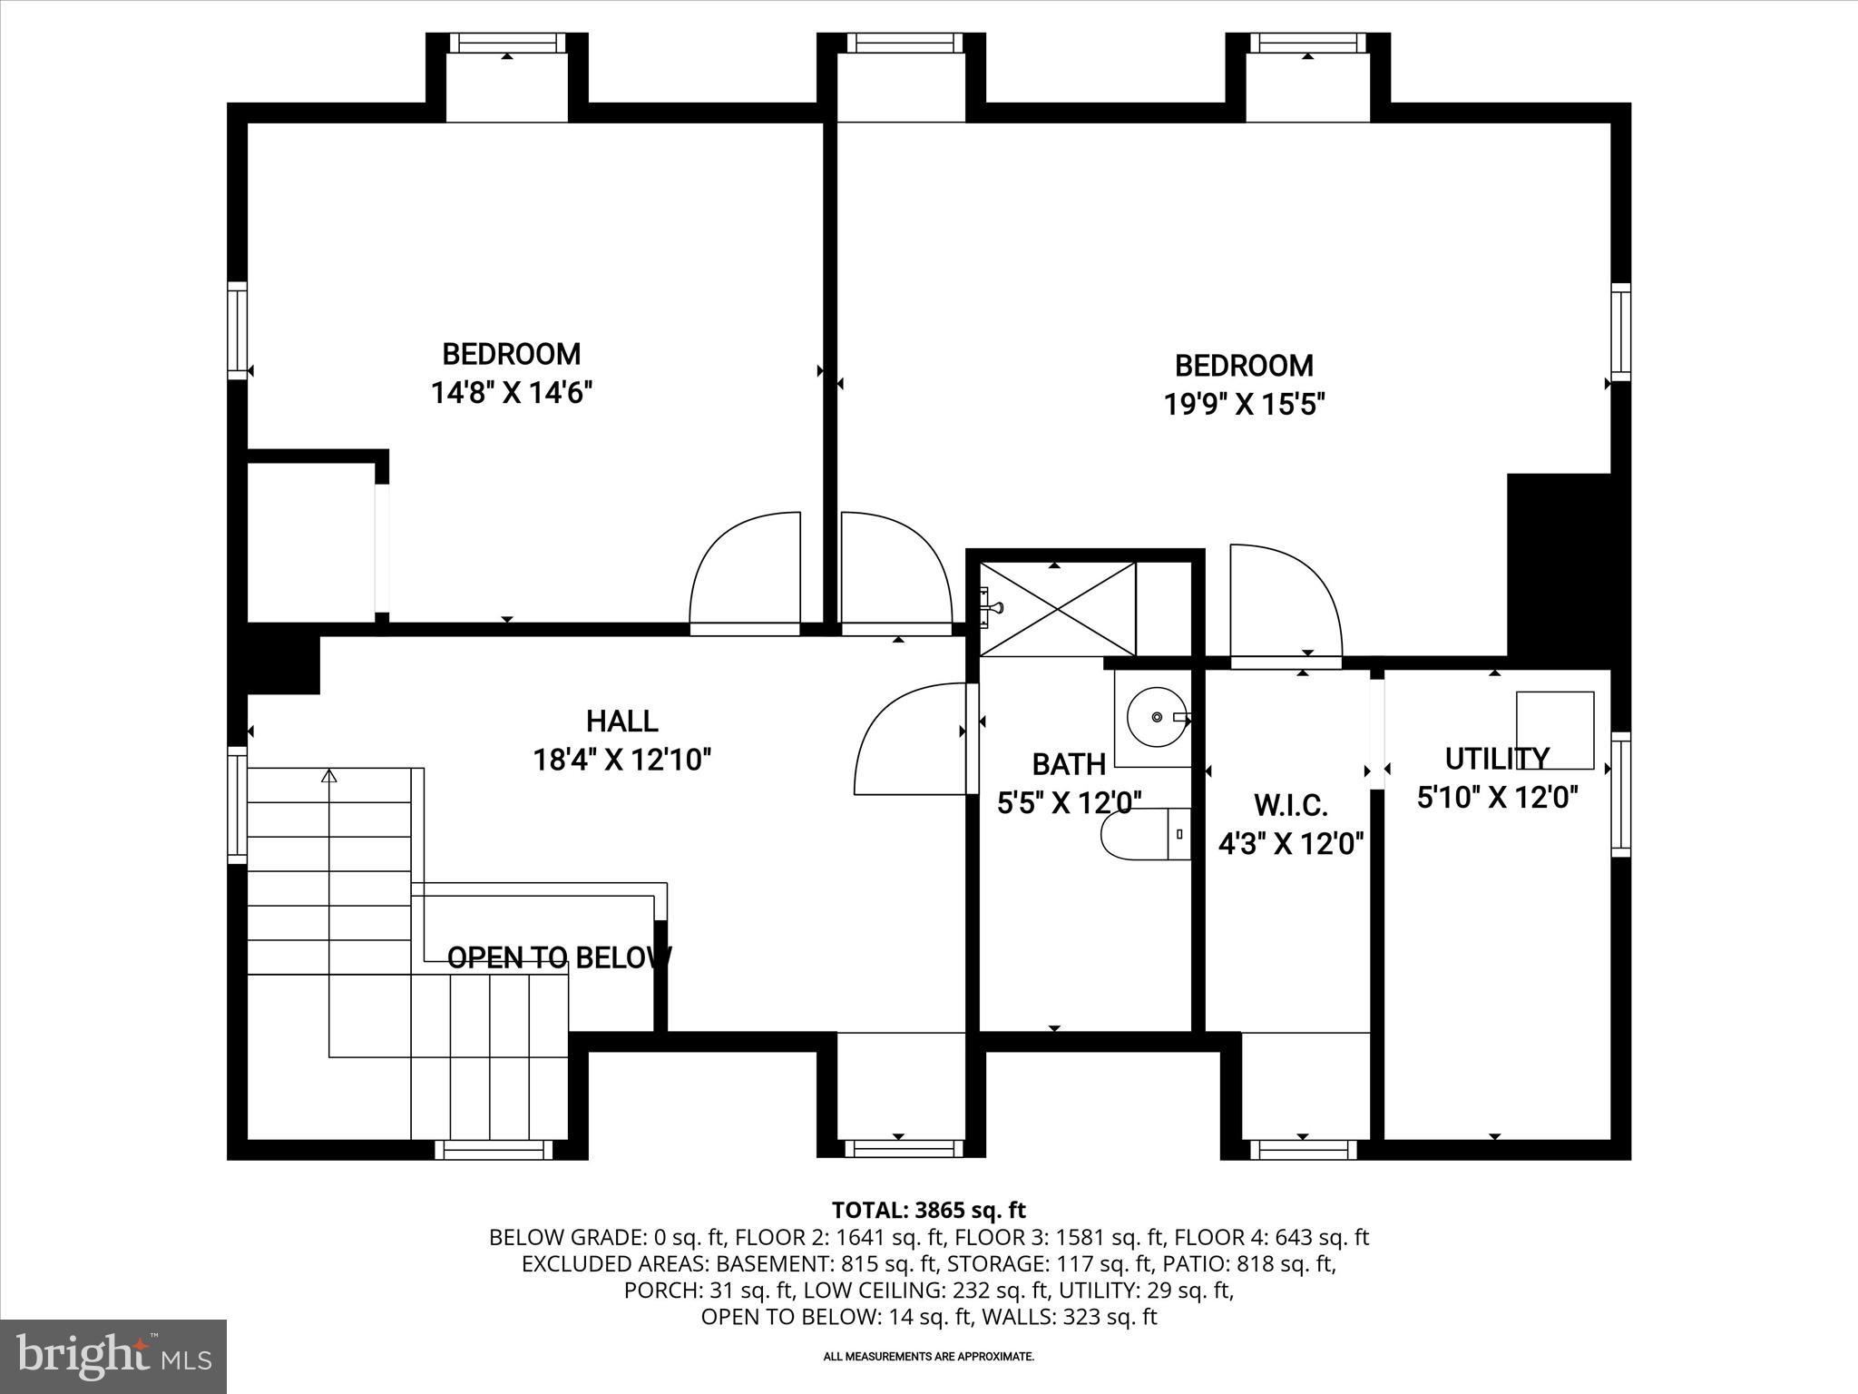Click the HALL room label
pyautogui.click(x=621, y=722)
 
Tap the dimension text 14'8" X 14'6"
pyautogui.click(x=512, y=393)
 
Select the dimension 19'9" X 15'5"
pyautogui.click(x=1245, y=404)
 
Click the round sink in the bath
pyautogui.click(x=1156, y=717)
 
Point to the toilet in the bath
pyautogui.click(x=1143, y=833)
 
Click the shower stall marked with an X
pyautogui.click(x=1058, y=608)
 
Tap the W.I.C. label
pyautogui.click(x=1290, y=804)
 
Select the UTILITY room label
pyautogui.click(x=1497, y=758)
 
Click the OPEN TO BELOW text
pyautogui.click(x=559, y=957)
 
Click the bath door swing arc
pyautogui.click(x=907, y=740)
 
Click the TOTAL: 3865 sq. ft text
pyautogui.click(x=928, y=1210)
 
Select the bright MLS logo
pyautogui.click(x=113, y=1356)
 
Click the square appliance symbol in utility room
pyautogui.click(x=1555, y=730)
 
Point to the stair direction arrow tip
pyautogui.click(x=329, y=775)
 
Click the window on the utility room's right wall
pyautogui.click(x=1620, y=794)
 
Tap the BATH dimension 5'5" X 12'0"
pyautogui.click(x=1069, y=802)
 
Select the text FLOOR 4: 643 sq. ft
pyautogui.click(x=1271, y=1237)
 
